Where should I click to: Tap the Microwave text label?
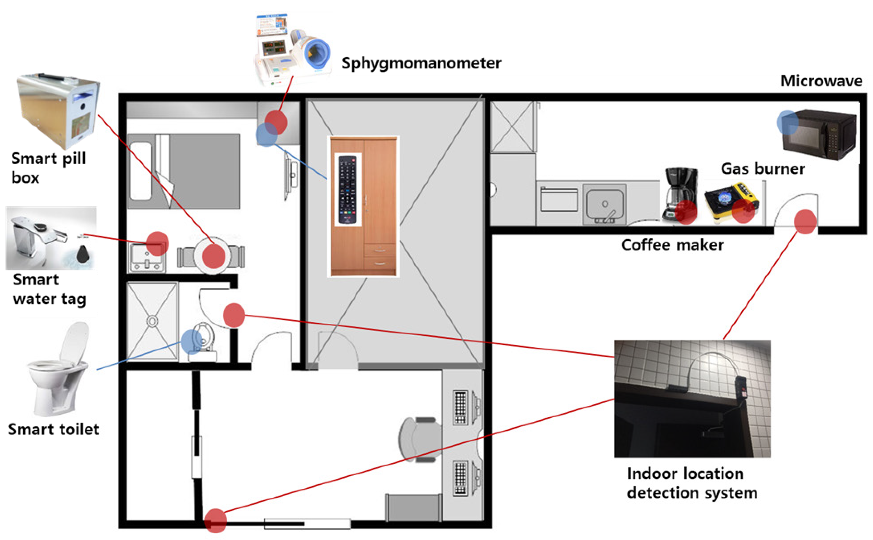[821, 81]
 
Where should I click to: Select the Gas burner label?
[763, 169]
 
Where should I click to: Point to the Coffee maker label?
[672, 245]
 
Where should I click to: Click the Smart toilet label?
[53, 429]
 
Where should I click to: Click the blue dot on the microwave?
[787, 122]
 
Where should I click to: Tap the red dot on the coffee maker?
[686, 212]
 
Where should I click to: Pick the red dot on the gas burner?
[743, 211]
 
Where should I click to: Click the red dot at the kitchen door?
[805, 222]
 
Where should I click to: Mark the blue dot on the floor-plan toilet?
[192, 342]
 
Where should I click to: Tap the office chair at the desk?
[420, 440]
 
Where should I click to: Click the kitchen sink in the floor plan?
[605, 204]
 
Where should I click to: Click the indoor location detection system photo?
[692, 398]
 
